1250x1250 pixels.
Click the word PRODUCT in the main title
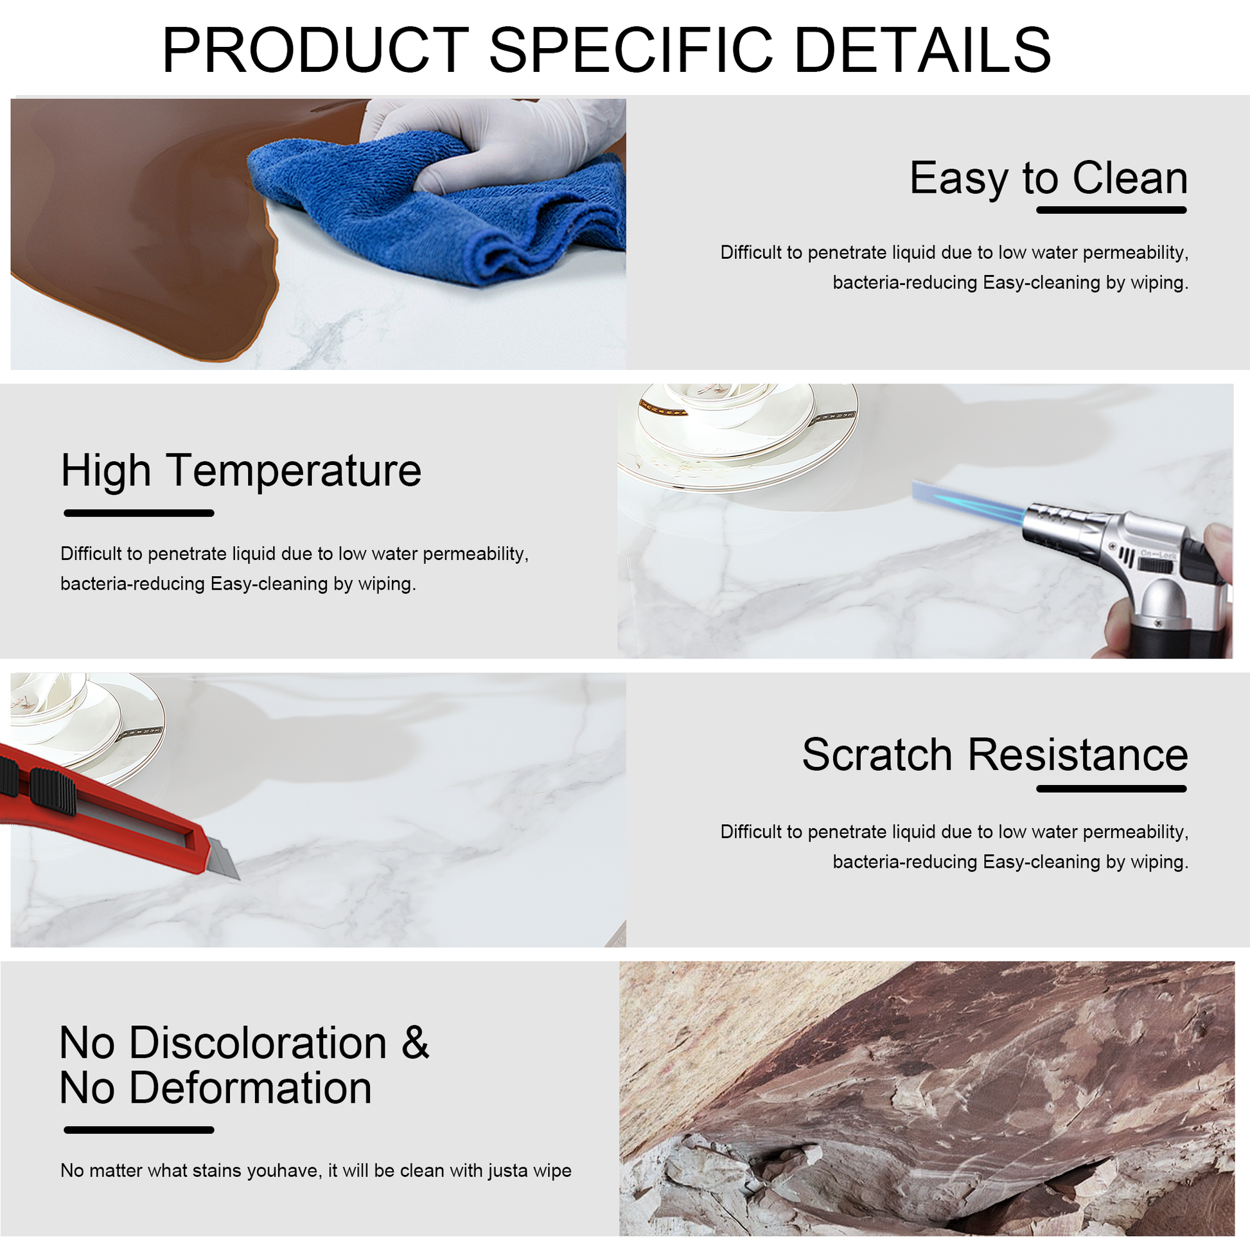[316, 51]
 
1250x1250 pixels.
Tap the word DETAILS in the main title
[922, 51]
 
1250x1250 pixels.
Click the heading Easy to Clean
[1048, 178]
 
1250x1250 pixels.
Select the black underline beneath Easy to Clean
[1111, 210]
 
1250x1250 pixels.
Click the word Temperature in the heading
[294, 471]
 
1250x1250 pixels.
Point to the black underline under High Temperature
[139, 513]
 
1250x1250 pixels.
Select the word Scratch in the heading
[877, 755]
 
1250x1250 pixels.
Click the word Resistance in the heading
[1078, 755]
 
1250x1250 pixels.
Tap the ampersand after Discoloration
[416, 1043]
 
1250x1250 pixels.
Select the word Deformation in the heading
[251, 1088]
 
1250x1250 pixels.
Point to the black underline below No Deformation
[139, 1131]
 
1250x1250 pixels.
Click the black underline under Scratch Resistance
[1111, 789]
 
